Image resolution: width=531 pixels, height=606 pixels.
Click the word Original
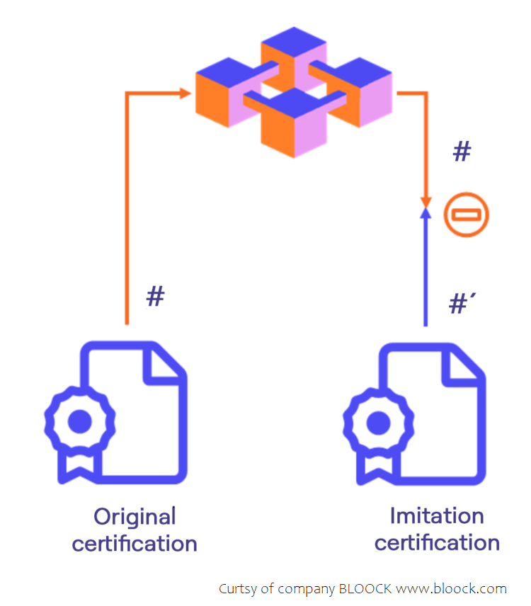point(135,517)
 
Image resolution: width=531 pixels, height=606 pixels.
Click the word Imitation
point(437,515)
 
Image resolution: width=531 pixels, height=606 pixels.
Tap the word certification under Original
point(135,544)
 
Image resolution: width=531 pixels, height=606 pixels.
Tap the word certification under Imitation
point(437,543)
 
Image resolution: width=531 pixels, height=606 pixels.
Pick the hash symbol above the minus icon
point(462,152)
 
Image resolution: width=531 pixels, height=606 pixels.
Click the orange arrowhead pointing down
point(426,195)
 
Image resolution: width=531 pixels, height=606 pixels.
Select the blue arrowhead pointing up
point(426,212)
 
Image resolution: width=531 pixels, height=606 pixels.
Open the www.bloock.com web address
point(451,589)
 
